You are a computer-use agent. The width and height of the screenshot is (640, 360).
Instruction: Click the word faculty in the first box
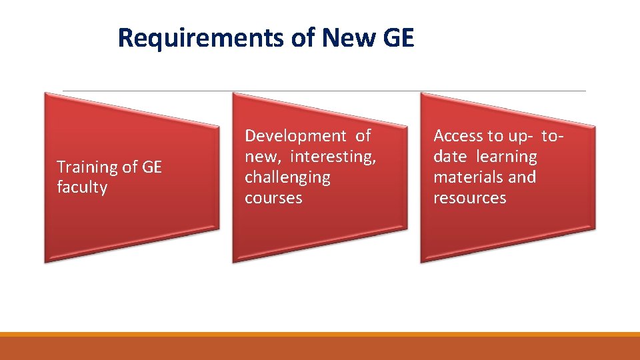(82, 187)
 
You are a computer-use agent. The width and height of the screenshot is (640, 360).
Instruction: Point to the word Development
(296, 136)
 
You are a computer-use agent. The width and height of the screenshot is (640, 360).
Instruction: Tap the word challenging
(287, 177)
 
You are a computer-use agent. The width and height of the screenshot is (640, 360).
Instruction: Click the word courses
(273, 198)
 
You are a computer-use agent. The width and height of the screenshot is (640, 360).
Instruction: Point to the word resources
(470, 198)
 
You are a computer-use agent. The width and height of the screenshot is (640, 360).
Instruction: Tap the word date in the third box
(450, 157)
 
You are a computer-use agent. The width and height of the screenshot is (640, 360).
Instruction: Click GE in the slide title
(399, 39)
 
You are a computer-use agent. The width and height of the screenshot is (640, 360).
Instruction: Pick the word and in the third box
(522, 177)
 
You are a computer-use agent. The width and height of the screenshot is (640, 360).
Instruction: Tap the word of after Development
(363, 136)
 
